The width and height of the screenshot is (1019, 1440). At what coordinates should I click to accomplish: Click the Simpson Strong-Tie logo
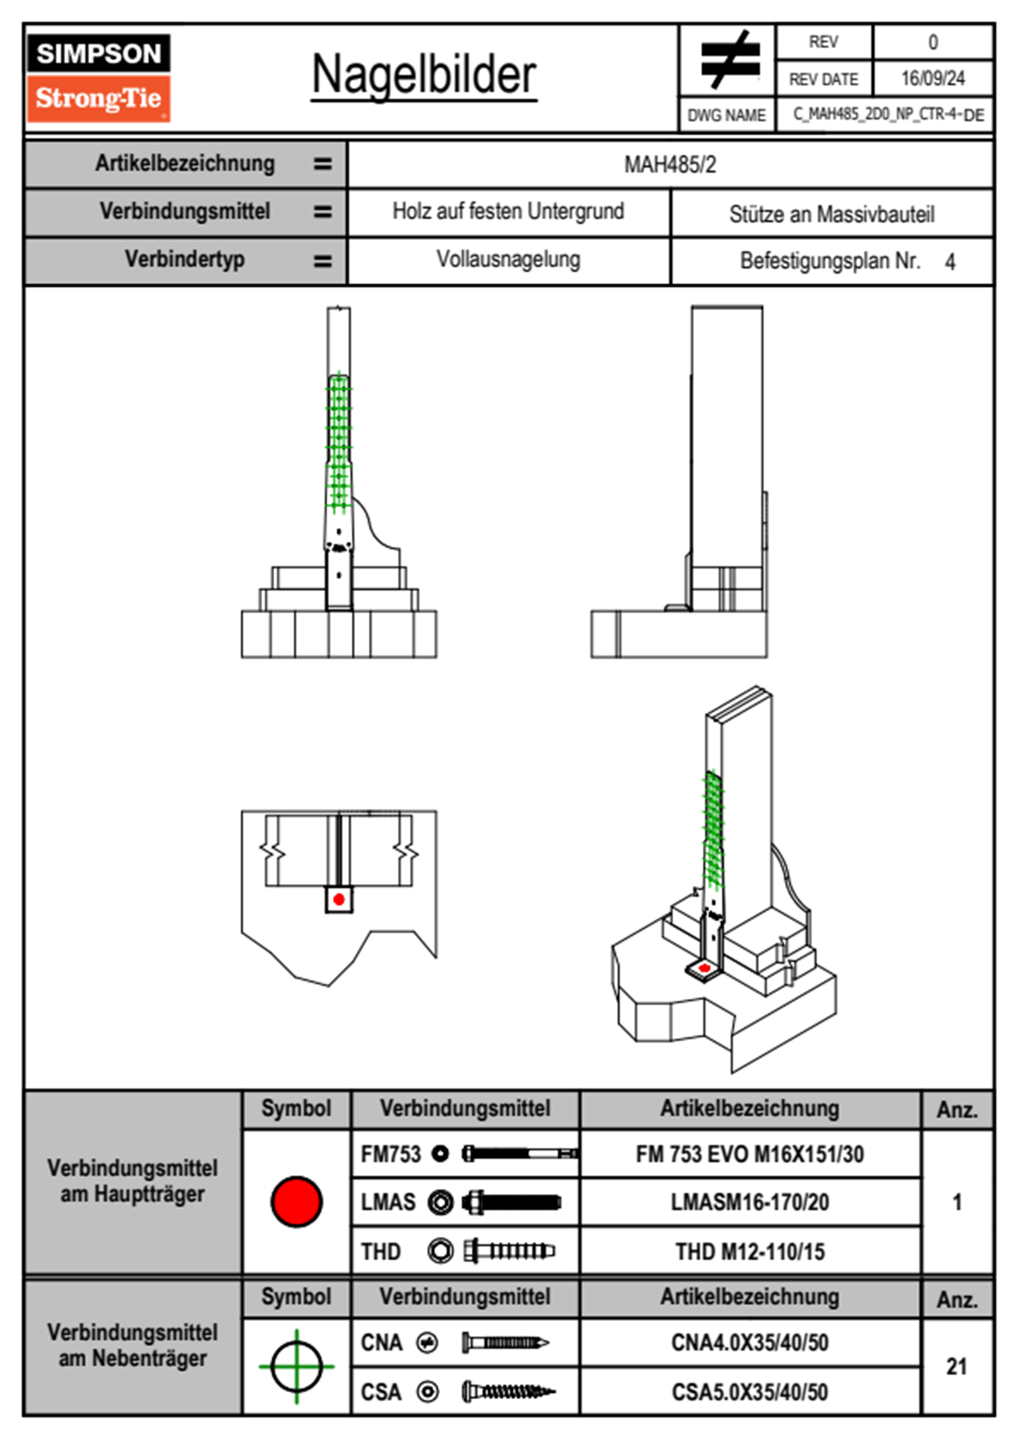click(x=98, y=77)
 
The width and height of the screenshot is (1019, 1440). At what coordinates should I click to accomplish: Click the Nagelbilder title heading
click(x=424, y=74)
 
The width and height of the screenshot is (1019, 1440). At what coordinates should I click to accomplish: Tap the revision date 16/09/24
click(x=933, y=79)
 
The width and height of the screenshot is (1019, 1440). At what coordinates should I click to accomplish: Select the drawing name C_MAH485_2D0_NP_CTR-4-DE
click(x=888, y=115)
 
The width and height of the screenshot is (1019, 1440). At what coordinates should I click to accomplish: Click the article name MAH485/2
click(x=670, y=164)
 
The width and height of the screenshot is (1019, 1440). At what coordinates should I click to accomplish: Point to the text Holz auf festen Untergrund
click(x=508, y=211)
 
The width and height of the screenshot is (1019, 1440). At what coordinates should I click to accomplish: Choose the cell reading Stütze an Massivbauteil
click(x=831, y=214)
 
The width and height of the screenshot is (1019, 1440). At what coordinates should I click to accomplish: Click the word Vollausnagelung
click(x=508, y=259)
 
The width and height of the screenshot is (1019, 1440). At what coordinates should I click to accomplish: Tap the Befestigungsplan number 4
click(x=950, y=262)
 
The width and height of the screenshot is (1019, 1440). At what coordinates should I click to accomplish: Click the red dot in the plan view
click(x=339, y=899)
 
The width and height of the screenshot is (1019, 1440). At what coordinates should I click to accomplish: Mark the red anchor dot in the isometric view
click(x=704, y=968)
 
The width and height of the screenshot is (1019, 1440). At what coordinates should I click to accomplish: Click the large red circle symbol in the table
click(x=296, y=1201)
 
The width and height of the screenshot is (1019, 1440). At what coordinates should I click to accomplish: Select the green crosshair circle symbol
click(x=296, y=1366)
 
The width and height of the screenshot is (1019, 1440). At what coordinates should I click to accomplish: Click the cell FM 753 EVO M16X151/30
click(x=749, y=1155)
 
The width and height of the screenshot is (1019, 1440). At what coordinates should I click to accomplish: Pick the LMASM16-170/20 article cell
click(x=749, y=1203)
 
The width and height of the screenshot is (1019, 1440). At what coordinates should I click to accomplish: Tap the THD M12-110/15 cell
click(x=749, y=1252)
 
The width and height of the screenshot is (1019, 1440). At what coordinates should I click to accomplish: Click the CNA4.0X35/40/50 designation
click(x=749, y=1342)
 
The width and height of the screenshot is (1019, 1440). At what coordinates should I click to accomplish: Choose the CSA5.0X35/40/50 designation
click(x=749, y=1392)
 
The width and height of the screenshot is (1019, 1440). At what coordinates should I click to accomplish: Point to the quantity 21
click(x=956, y=1366)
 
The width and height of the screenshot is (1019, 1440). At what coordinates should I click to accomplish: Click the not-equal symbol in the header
click(x=729, y=60)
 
